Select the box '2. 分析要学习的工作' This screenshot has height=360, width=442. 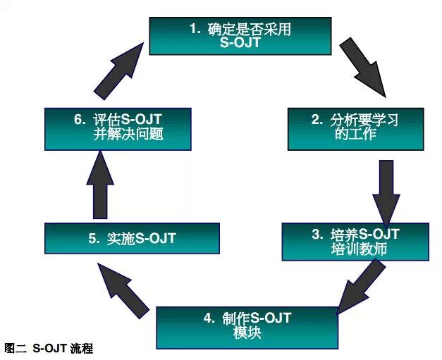tap(355, 128)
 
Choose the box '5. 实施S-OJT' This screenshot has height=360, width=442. tap(132, 239)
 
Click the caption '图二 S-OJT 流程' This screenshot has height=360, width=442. tap(49, 348)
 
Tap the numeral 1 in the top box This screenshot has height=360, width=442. tap(192, 28)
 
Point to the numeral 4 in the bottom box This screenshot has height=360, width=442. tap(207, 318)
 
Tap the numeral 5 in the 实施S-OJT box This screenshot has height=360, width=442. tap(93, 239)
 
